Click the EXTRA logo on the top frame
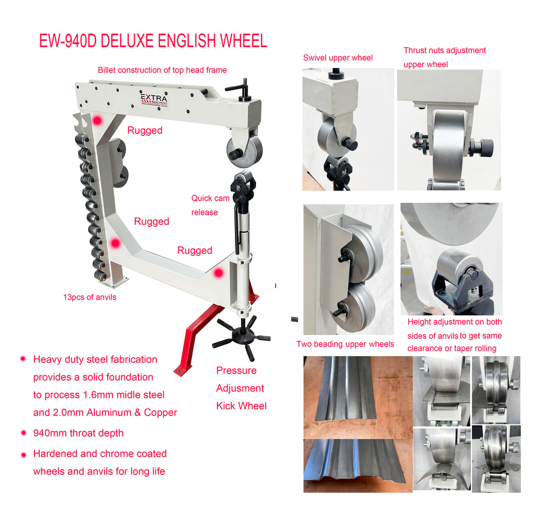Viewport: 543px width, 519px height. click(154, 99)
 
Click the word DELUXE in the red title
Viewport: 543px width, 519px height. click(127, 41)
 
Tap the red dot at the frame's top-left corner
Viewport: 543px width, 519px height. click(98, 120)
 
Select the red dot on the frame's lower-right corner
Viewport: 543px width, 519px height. click(218, 273)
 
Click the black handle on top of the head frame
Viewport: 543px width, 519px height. click(240, 90)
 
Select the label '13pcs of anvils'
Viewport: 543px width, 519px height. click(90, 297)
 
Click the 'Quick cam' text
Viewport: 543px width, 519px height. click(210, 198)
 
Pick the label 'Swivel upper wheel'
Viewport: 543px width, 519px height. click(338, 58)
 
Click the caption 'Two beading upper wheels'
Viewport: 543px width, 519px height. click(345, 344)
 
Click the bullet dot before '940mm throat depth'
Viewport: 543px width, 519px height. click(23, 433)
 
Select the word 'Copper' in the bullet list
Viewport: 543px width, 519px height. click(160, 413)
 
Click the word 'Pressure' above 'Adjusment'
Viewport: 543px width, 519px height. click(236, 370)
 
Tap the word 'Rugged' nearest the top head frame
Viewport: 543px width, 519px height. click(145, 130)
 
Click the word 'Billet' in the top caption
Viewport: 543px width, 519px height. click(107, 70)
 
